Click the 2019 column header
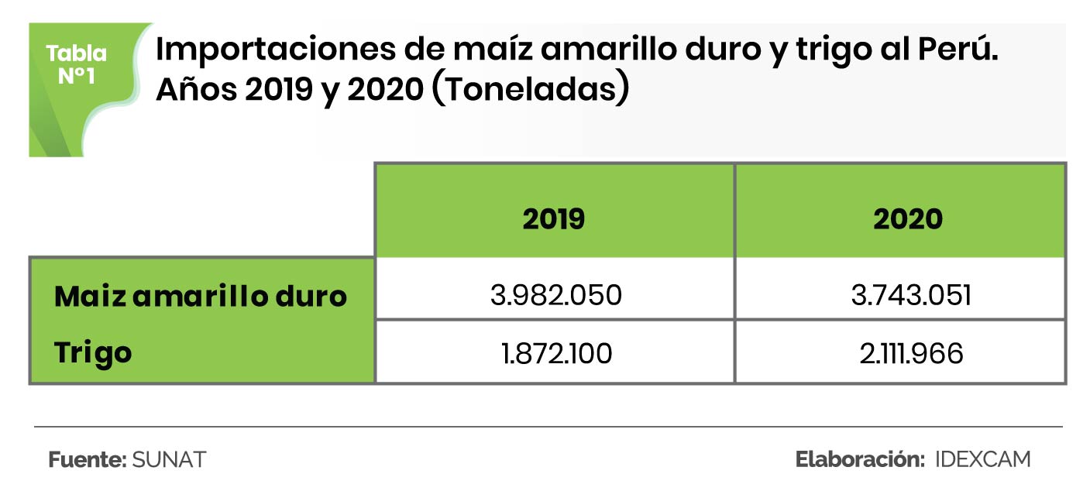tap(553, 219)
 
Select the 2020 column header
tap(907, 219)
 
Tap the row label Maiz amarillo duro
tap(201, 296)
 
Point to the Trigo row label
tap(93, 353)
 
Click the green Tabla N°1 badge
tap(77, 65)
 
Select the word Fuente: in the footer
tap(88, 459)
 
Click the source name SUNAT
tap(169, 459)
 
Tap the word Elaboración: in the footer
tap(861, 459)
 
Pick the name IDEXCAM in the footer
tap(983, 459)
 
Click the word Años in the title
tap(195, 90)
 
